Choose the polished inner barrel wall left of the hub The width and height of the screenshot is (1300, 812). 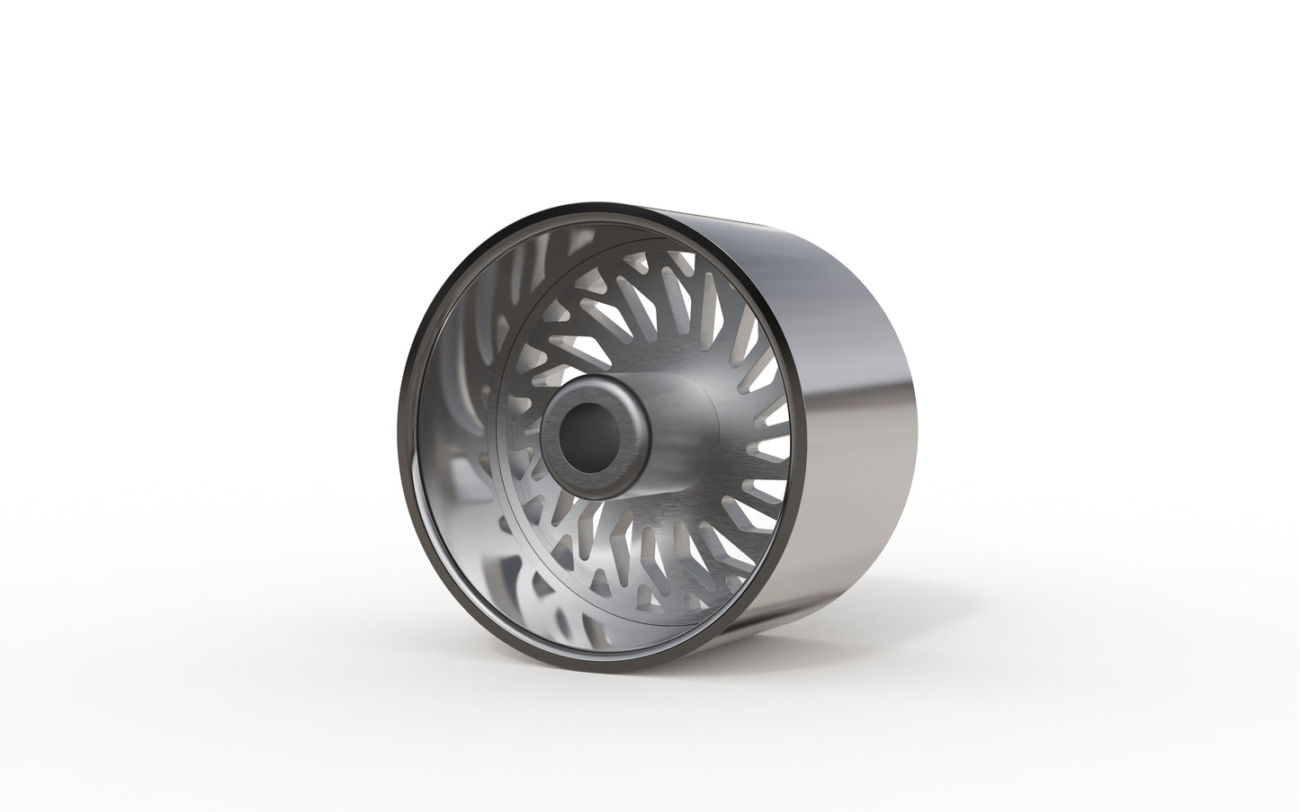point(450,441)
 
